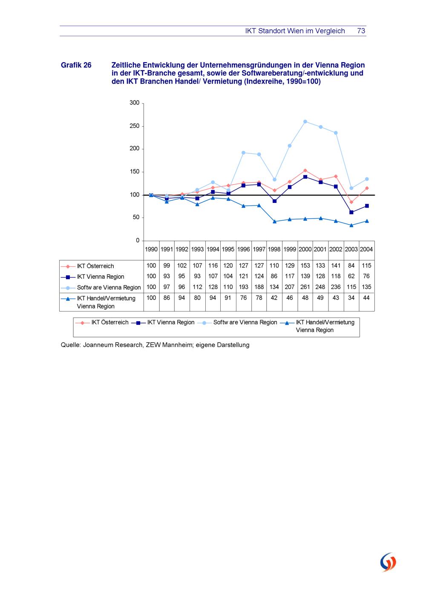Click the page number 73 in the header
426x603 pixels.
pyautogui.click(x=361, y=31)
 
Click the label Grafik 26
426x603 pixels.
pyautogui.click(x=76, y=65)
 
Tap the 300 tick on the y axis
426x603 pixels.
pyautogui.click(x=134, y=103)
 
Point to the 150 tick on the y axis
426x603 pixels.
pyautogui.click(x=134, y=171)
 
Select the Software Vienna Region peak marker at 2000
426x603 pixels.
pyautogui.click(x=305, y=122)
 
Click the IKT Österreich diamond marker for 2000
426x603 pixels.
pyautogui.click(x=305, y=170)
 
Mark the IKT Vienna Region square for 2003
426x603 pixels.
pyautogui.click(x=351, y=212)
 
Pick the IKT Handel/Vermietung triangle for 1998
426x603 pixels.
pyautogui.click(x=274, y=222)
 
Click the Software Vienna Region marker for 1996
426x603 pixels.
pyautogui.click(x=243, y=153)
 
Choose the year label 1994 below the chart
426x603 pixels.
pyautogui.click(x=213, y=250)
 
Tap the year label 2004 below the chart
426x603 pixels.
pyautogui.click(x=366, y=250)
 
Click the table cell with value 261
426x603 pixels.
pyautogui.click(x=305, y=287)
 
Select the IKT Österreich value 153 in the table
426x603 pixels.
pyautogui.click(x=305, y=265)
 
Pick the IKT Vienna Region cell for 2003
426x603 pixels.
pyautogui.click(x=351, y=276)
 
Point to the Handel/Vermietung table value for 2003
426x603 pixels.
pyautogui.click(x=351, y=298)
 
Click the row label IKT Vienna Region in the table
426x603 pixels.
pyautogui.click(x=101, y=277)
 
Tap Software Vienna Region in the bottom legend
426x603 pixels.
pyautogui.click(x=245, y=322)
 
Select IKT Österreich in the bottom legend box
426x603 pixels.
pyautogui.click(x=110, y=322)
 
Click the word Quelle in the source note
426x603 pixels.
pyautogui.click(x=70, y=345)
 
